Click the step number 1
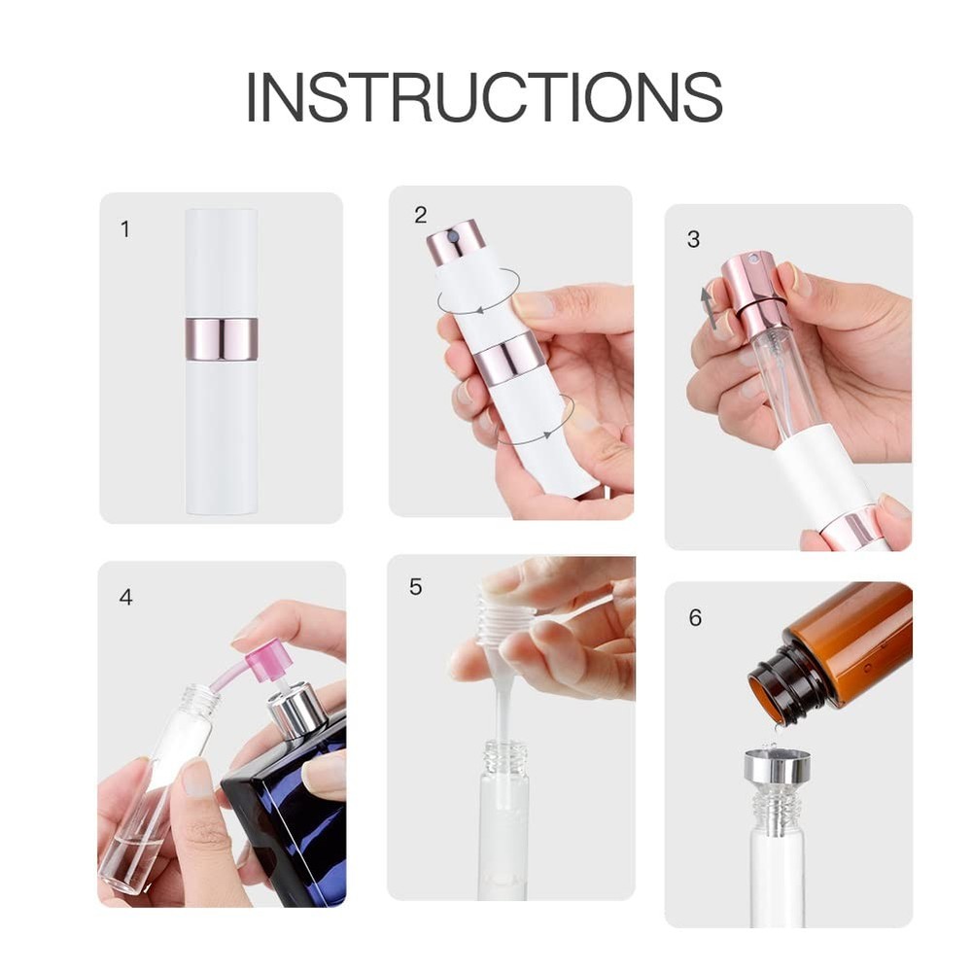(124, 229)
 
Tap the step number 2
(420, 216)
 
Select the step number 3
(693, 239)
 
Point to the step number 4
(125, 597)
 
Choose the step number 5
(416, 587)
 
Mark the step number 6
(695, 618)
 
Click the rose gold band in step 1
(222, 338)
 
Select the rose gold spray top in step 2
(456, 242)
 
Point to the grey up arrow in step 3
(709, 307)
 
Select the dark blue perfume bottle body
(292, 816)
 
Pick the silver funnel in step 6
(777, 766)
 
